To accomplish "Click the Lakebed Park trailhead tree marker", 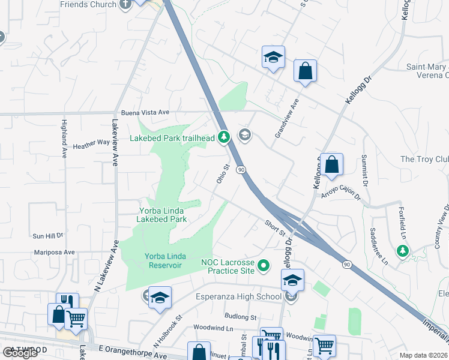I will pos(224,138).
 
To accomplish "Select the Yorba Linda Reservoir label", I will pos(163,261).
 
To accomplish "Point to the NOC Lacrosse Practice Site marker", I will pos(264,265).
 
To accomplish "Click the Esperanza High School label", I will pos(238,296).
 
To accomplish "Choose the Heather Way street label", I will pos(91,144).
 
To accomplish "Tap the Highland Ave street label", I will pos(64,138).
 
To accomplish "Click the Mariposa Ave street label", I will pos(54,253).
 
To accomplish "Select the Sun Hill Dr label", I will pos(49,236).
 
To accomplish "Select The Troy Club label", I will pos(424,159).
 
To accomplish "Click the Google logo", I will pos(20,352).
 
